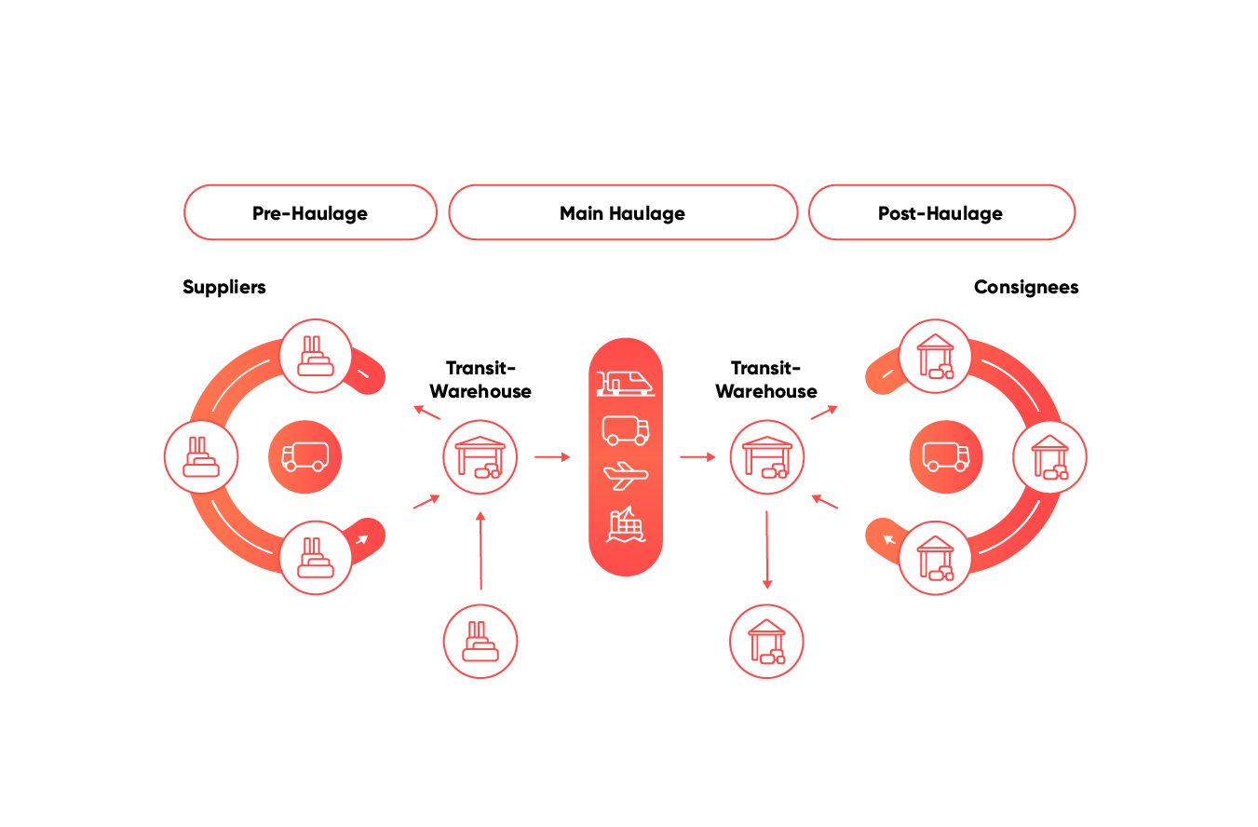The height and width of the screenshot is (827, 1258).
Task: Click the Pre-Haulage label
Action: (x=310, y=213)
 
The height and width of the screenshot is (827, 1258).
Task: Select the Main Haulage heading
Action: (x=622, y=213)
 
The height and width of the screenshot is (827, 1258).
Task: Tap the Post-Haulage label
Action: (x=940, y=213)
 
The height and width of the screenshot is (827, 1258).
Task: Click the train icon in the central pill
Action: (x=625, y=382)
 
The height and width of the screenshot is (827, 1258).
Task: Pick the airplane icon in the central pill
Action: (x=626, y=476)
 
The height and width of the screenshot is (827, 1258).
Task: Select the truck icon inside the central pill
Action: (x=626, y=429)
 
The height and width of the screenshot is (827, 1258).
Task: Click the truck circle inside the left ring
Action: (x=304, y=457)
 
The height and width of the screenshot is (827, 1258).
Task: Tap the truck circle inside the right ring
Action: (x=946, y=457)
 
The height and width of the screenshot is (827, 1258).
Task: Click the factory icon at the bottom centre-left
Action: (x=480, y=641)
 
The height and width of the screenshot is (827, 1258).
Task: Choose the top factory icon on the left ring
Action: (x=316, y=356)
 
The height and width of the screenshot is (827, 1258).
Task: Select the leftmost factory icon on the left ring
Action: (x=201, y=457)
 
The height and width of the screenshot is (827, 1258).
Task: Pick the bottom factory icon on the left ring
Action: (x=316, y=557)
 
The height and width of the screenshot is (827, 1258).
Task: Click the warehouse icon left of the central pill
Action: (x=480, y=457)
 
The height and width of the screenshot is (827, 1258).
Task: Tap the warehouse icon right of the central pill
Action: (x=766, y=457)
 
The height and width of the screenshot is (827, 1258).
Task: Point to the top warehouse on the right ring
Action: (x=935, y=356)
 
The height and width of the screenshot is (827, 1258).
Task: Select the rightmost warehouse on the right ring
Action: (x=1049, y=457)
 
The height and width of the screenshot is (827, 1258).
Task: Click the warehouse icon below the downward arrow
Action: (x=766, y=641)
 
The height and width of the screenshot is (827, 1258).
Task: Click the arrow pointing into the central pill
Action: (x=552, y=457)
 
